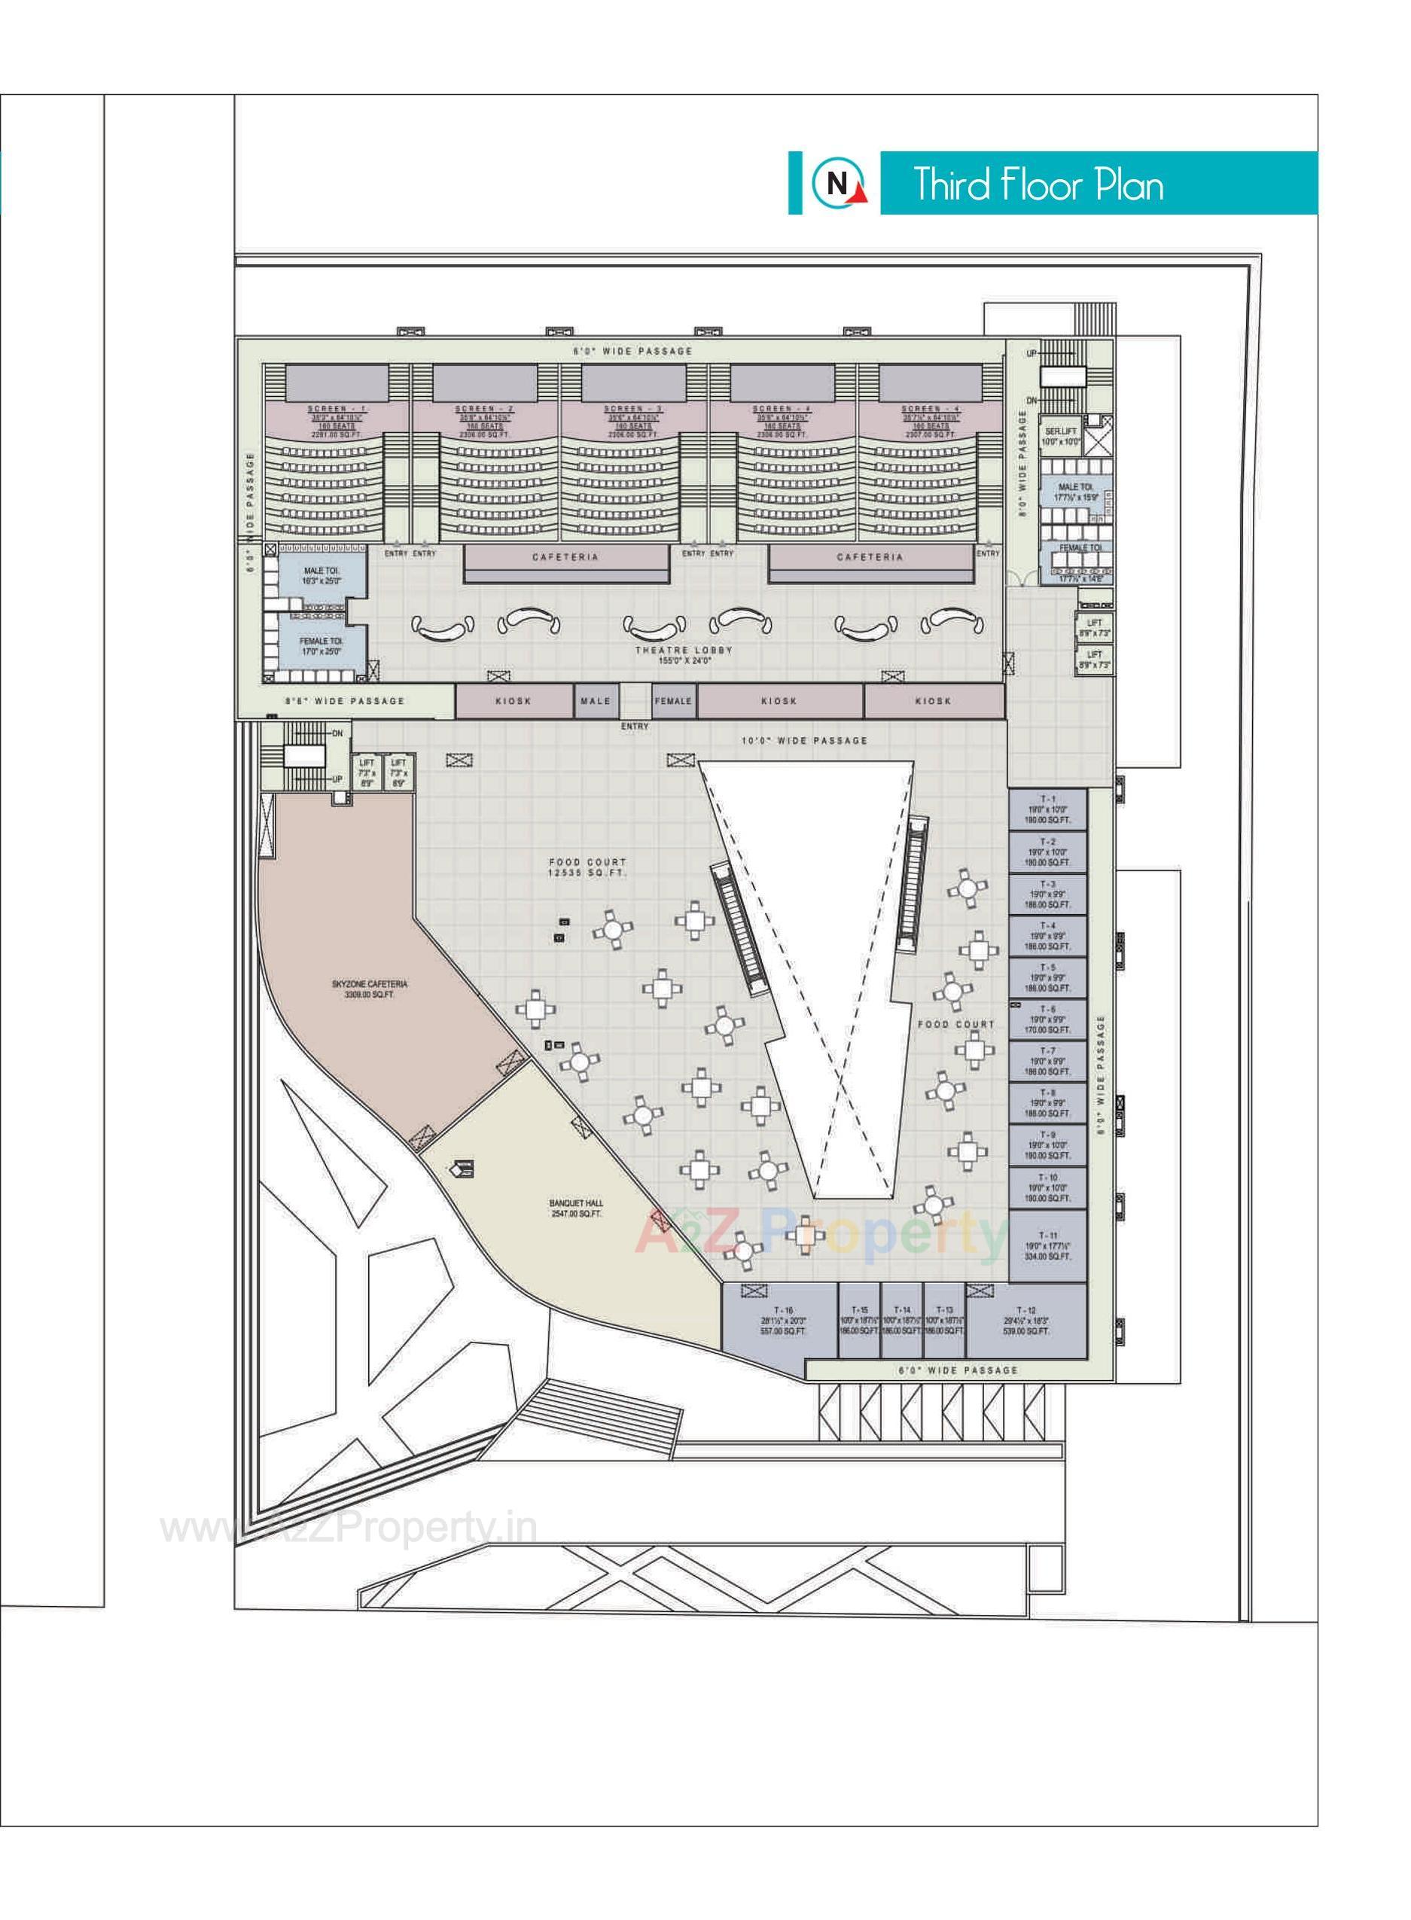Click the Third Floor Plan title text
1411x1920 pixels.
(1038, 184)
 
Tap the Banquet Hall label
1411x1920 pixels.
(577, 1208)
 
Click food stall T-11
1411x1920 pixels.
(1047, 1246)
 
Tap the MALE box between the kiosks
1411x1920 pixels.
(596, 700)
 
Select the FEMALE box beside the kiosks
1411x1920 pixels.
(673, 700)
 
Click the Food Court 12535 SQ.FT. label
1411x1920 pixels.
(587, 867)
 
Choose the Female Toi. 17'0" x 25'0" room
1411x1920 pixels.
(320, 646)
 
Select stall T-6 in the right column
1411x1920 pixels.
(1047, 1018)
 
